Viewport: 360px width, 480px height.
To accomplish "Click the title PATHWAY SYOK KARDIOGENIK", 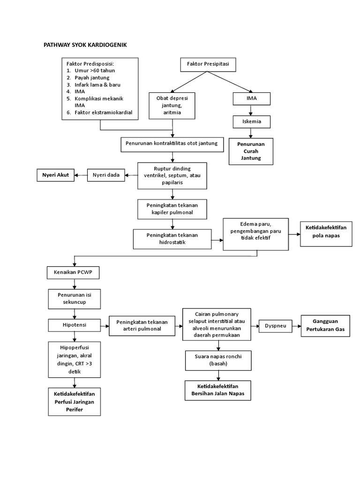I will (85, 45).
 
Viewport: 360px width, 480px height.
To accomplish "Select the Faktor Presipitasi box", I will (208, 64).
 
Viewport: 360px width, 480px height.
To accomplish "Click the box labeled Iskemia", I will (252, 121).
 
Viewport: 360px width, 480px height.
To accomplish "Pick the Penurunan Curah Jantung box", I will (251, 151).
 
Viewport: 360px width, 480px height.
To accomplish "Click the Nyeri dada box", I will (106, 175).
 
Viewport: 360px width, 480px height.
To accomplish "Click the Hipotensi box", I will (74, 324).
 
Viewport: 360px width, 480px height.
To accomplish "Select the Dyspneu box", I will (275, 325).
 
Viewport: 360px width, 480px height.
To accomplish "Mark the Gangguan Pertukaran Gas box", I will (325, 325).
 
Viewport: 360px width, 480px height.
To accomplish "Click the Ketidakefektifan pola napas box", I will (325, 232).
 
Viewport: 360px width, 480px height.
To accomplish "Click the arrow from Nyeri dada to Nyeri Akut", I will (82, 175).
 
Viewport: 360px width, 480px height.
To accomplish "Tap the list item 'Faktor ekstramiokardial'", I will (103, 112).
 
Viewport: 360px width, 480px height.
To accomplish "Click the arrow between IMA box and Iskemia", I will (252, 110).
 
